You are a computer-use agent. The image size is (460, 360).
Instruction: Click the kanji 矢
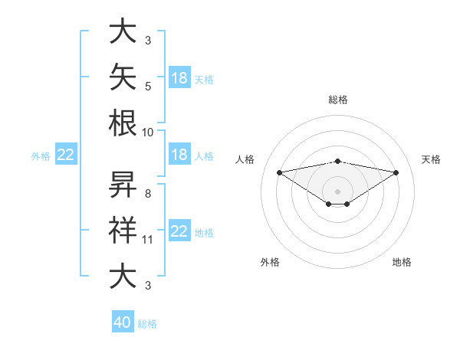point(123,77)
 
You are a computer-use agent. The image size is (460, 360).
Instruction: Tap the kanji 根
point(123,123)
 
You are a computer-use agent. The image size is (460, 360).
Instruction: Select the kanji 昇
point(123,185)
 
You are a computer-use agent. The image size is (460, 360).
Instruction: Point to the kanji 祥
point(123,230)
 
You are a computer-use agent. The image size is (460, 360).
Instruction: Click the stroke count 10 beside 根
point(147,133)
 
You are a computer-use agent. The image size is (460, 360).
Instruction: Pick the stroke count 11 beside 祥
point(147,240)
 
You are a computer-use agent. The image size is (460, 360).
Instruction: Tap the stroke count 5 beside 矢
point(148,87)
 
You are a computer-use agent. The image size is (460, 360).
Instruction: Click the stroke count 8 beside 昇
point(148,194)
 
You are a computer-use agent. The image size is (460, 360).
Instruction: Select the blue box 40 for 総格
point(123,321)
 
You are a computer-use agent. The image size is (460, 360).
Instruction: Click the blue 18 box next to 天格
point(180,77)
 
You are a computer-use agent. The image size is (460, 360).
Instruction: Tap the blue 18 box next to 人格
point(180,154)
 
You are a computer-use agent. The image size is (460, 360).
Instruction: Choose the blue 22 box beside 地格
point(180,230)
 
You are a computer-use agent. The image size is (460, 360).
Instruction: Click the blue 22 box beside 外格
point(66,154)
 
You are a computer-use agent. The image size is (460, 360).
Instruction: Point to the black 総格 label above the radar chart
point(338,100)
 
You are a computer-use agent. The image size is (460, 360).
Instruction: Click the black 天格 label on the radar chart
point(431,159)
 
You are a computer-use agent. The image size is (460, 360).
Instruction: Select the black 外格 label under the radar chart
point(270,262)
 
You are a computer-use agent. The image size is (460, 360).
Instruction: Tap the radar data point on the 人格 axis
point(279,172)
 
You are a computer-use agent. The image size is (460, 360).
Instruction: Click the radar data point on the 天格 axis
point(396,172)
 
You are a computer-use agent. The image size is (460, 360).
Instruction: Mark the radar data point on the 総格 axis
point(337,162)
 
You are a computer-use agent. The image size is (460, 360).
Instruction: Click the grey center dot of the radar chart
point(337,191)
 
